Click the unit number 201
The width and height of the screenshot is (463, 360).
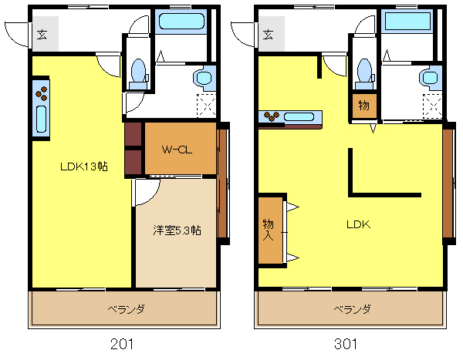(x=122, y=344)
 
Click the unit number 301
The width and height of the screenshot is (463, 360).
(x=346, y=344)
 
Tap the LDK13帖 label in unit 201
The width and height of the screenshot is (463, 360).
(x=84, y=167)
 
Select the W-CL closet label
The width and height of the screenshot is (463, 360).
(x=177, y=150)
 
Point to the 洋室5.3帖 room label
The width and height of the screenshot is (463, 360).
(x=177, y=230)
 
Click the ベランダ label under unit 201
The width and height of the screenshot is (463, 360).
(x=126, y=310)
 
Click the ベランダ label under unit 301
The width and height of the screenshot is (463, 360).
(x=353, y=310)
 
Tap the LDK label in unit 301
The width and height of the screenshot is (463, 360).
(x=359, y=225)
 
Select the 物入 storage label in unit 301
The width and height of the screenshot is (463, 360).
(x=268, y=230)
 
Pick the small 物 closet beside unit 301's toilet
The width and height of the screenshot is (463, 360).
(x=364, y=106)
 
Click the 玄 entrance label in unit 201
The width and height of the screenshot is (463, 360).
(x=42, y=35)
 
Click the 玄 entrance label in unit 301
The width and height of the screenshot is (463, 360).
(x=268, y=35)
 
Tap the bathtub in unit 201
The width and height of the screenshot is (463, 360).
(x=181, y=22)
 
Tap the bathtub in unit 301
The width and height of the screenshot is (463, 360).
(x=407, y=22)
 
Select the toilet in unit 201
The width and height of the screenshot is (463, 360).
(x=138, y=74)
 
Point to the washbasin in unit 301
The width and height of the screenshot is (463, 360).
(x=431, y=78)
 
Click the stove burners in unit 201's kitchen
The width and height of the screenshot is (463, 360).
(x=42, y=93)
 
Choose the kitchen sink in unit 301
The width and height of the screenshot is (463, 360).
(x=299, y=117)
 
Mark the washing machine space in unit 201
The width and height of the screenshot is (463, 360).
(x=206, y=106)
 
